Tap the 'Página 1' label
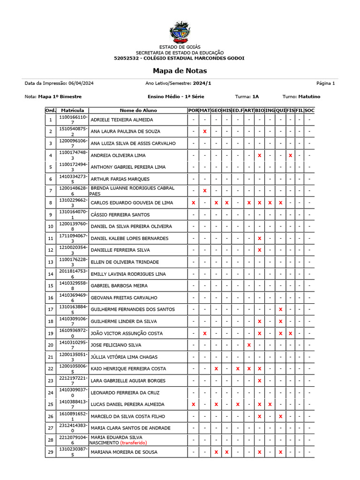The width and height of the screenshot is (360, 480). tap(325, 83)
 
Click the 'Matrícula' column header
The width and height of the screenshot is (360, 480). tap(72, 111)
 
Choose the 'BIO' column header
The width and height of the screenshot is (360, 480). tap(259, 111)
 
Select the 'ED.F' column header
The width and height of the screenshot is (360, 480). tap(238, 111)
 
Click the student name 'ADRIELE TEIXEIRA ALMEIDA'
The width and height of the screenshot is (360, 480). tap(121, 120)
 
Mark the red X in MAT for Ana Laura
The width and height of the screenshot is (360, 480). tap(204, 132)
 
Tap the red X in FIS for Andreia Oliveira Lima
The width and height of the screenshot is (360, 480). tap(290, 155)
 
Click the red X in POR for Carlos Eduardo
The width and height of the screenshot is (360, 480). tap(193, 203)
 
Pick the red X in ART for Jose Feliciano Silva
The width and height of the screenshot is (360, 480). tap(249, 345)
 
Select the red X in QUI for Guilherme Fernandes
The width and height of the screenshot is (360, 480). tap(280, 309)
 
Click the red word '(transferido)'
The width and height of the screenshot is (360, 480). tap(134, 442)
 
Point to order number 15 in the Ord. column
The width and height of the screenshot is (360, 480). tap(50, 285)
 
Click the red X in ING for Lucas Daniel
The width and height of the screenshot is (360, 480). tap(270, 404)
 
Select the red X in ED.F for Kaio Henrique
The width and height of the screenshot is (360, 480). tap(238, 369)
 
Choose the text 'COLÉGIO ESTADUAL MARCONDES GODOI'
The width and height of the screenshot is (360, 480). tap(193, 58)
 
